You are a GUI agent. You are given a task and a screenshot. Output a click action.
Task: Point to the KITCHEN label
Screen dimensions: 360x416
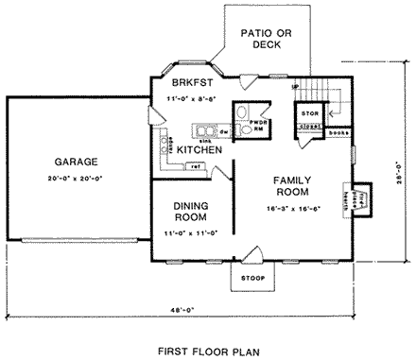tap(199, 150)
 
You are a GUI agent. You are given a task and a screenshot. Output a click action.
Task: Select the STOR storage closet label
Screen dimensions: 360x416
tap(309, 113)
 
